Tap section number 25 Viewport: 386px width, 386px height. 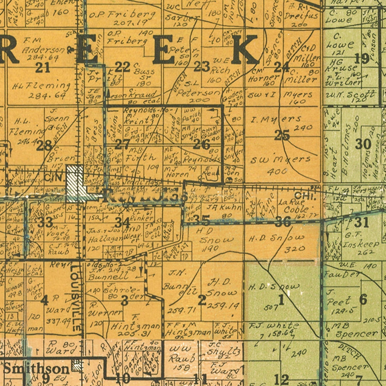click(x=282, y=135)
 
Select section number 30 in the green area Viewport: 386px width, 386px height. click(x=363, y=144)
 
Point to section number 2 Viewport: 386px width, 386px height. click(x=202, y=300)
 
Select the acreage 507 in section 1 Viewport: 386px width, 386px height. click(x=271, y=308)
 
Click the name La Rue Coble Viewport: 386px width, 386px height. click(x=296, y=206)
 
